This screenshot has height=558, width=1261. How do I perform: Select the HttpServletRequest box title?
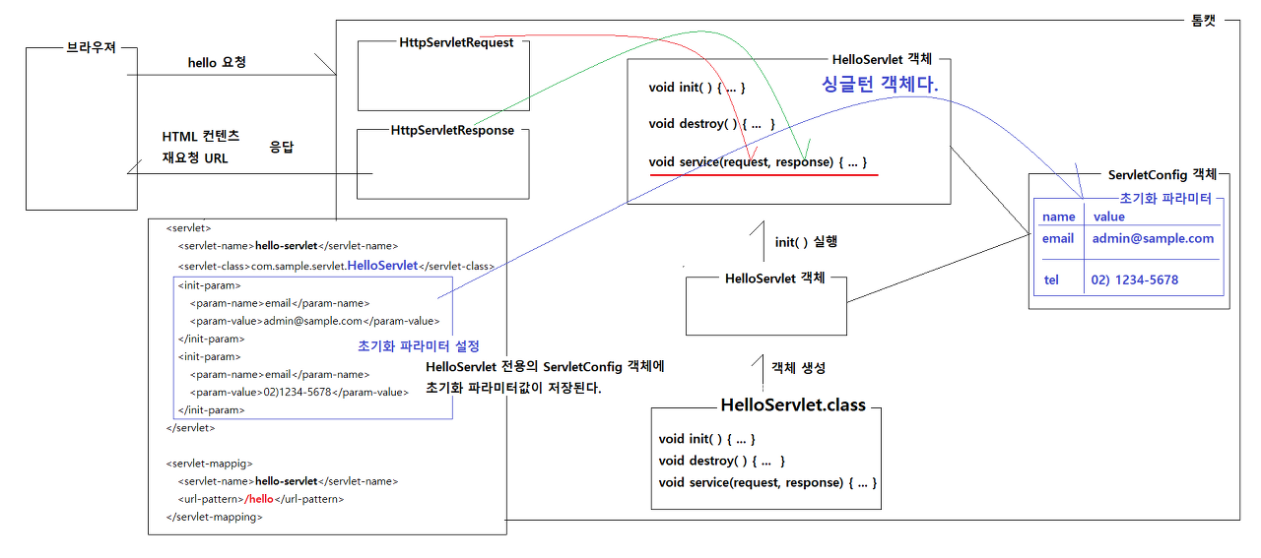(x=457, y=43)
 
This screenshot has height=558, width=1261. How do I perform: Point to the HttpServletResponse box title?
(x=452, y=130)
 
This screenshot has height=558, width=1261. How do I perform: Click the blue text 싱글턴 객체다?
(x=881, y=86)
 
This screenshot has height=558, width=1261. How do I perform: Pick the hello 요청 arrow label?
(x=217, y=63)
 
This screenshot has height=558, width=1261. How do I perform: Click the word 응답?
(x=282, y=146)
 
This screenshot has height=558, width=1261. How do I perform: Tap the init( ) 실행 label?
(x=806, y=241)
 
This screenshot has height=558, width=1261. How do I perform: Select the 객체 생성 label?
(x=799, y=367)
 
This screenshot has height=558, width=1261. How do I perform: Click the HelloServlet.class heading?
(x=793, y=404)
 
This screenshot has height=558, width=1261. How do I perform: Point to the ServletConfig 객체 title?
(x=1162, y=173)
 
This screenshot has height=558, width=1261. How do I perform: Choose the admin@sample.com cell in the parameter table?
(x=1153, y=238)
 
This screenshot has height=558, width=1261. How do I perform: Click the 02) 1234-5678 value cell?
(x=1135, y=279)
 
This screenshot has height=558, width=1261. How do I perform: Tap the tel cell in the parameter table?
(x=1051, y=279)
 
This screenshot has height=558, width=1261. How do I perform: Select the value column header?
(x=1108, y=217)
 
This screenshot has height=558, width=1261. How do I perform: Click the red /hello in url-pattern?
(x=259, y=499)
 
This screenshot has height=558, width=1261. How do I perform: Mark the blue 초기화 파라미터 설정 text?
(x=419, y=346)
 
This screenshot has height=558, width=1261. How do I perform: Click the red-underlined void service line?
(x=758, y=161)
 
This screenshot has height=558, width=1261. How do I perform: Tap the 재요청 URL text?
(x=195, y=157)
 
